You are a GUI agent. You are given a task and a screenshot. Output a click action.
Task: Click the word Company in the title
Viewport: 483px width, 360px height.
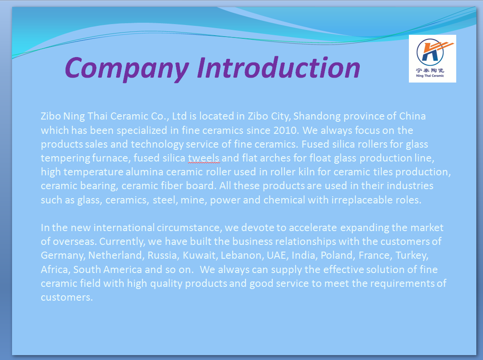127,69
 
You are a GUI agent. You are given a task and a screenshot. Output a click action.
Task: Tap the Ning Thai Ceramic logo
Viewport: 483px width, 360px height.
432,58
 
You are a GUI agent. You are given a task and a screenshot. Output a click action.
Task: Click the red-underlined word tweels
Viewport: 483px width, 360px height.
204,158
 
